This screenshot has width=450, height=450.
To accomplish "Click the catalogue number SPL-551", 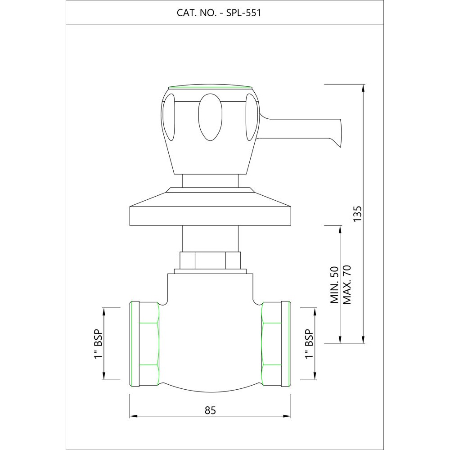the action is point(243,13).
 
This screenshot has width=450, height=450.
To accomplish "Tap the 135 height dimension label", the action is point(358,213).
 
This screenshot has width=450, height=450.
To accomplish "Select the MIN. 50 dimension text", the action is point(334,285).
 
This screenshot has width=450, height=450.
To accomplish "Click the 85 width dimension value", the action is point(210,410).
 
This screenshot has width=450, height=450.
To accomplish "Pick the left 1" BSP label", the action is point(98,343).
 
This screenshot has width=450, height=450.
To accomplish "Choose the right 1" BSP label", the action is point(309,343).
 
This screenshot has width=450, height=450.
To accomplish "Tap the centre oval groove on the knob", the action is point(210,117).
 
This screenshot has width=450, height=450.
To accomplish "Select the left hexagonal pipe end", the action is point(144,344).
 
